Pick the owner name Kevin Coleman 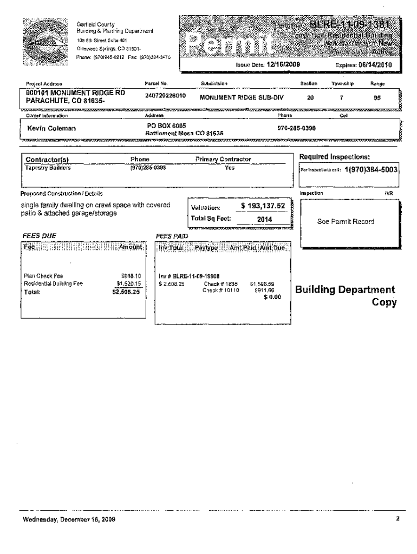[x=51, y=128]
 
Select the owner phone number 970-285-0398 [x=297, y=128]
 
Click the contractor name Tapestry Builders [x=48, y=168]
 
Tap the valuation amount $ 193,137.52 [x=263, y=207]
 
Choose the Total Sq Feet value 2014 [x=264, y=219]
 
